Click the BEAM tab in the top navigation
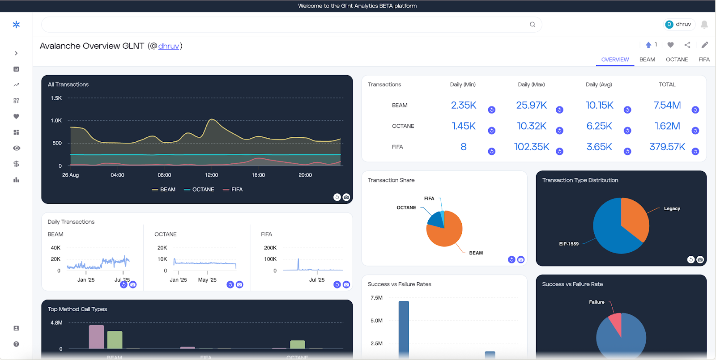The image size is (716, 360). pos(647,59)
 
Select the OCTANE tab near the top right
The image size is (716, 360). pos(677,59)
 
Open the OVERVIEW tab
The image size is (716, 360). pos(615,59)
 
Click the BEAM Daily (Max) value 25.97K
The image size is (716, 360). pos(531,105)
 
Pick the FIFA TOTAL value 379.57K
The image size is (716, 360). pos(667,147)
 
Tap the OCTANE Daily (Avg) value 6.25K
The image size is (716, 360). pos(599,126)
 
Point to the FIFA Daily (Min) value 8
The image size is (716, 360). pos(464,147)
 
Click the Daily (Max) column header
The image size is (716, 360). pos(531,85)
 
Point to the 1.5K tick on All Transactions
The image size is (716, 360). pos(56,98)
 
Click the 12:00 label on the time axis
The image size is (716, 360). pos(211,175)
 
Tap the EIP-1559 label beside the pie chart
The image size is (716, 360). pos(568,244)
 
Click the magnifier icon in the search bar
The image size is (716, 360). pos(533,25)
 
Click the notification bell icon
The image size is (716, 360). pos(704,25)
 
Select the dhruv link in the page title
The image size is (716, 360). pos(169,46)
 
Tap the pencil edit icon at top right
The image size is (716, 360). pos(704,45)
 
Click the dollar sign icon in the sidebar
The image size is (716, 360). pos(16,164)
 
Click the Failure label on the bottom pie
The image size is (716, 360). pos(597,302)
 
